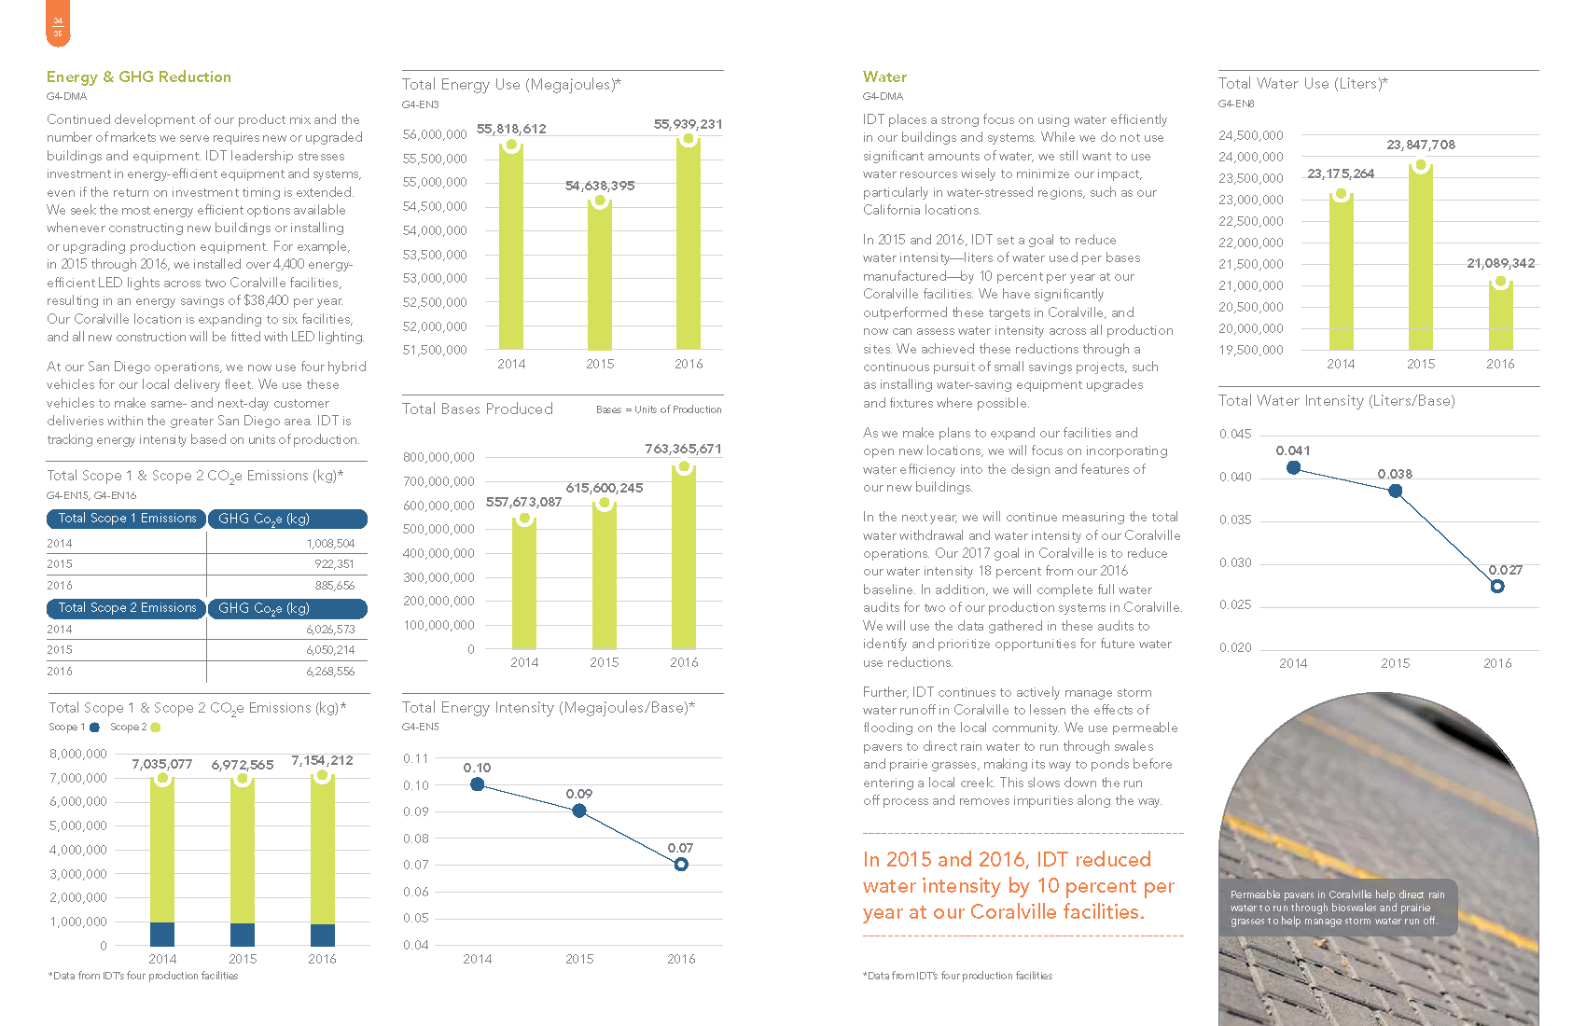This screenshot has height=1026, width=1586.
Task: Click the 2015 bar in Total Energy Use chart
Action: [600, 275]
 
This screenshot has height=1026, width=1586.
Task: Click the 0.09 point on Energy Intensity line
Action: [579, 811]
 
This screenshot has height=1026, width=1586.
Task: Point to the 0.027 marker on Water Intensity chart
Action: [1497, 587]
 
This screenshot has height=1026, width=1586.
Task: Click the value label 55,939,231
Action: [688, 124]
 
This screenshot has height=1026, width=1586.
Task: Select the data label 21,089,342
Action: [1500, 263]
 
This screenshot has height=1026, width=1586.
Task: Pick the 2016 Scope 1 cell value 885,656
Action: [334, 586]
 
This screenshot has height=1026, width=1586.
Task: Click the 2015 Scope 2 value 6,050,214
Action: [330, 650]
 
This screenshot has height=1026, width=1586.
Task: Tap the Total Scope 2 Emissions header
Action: [127, 608]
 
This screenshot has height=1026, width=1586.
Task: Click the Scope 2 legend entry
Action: [134, 728]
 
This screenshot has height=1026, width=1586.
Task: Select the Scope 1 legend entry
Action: [74, 728]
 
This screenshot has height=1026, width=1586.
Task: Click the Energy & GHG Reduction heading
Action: [139, 77]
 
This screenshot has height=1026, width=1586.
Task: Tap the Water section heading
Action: [884, 77]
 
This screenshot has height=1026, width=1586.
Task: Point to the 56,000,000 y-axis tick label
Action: [435, 135]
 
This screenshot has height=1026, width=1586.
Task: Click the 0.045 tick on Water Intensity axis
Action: [1235, 435]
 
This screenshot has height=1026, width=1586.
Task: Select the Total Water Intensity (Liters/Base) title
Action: [1336, 401]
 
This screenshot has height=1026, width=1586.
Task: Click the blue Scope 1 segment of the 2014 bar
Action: [162, 934]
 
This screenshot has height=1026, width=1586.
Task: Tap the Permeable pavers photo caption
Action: [1336, 908]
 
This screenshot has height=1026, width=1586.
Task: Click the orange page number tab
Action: [58, 25]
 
